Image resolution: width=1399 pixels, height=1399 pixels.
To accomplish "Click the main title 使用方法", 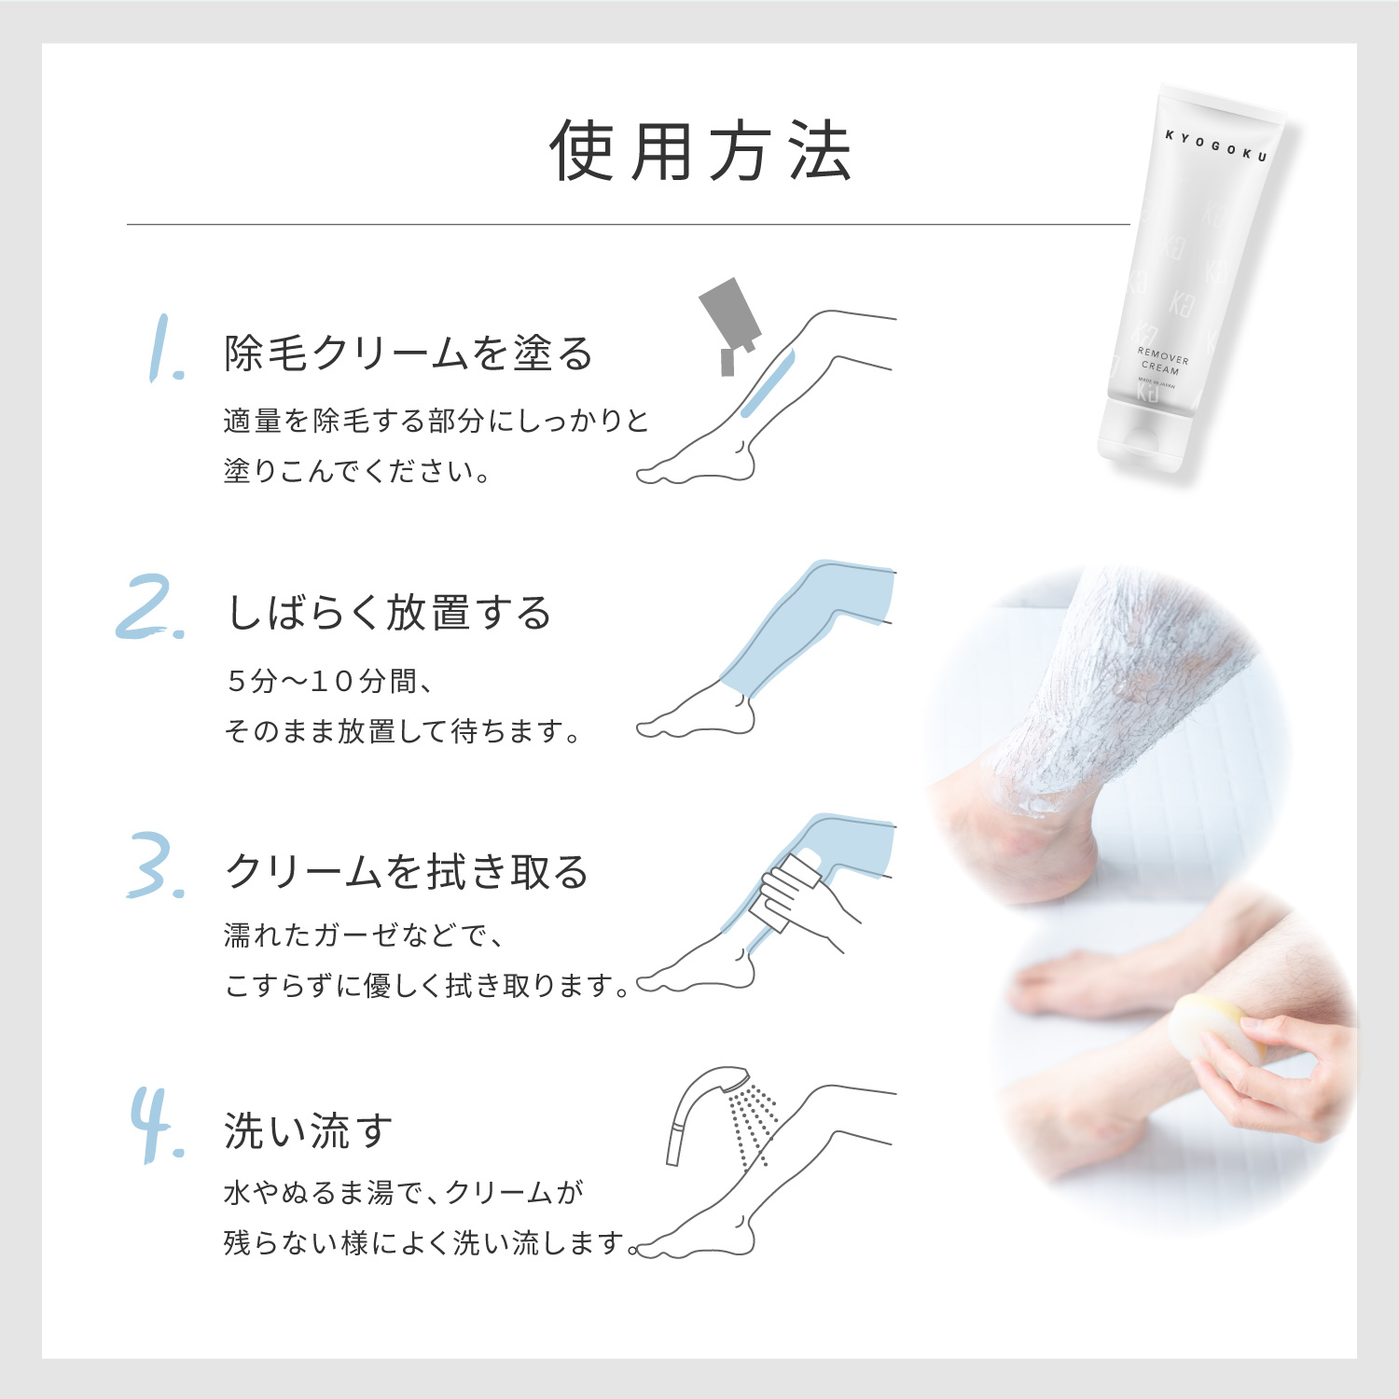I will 699,151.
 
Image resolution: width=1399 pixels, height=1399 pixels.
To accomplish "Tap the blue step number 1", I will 165,350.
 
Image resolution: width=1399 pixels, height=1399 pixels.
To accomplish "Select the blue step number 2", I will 151,608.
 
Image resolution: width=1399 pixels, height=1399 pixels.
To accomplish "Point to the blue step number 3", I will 155,866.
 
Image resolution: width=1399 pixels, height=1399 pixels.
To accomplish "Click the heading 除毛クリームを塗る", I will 409,353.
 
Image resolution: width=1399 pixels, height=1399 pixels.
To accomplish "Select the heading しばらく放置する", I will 390,613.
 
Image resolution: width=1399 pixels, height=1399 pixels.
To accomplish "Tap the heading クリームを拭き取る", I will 407,871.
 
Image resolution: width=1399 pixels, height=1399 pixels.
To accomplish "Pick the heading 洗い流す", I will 308,1130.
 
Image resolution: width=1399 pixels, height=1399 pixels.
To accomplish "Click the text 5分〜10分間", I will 328,681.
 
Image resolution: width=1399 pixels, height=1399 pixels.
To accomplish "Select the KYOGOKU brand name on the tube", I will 1216,146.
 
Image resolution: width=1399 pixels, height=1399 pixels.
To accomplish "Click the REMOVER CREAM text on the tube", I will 1162,361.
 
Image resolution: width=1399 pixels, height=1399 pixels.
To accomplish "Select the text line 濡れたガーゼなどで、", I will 364,935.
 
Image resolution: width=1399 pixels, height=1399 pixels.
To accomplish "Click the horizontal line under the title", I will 628,225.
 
